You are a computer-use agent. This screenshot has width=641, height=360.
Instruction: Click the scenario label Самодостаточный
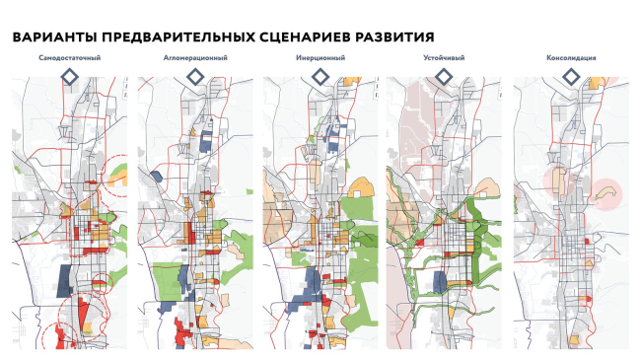pyautogui.click(x=70, y=59)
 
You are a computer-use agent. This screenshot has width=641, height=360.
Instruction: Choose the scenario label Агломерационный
pyautogui.click(x=196, y=59)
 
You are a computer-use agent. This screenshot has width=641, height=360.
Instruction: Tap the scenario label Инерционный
pyautogui.click(x=320, y=59)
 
